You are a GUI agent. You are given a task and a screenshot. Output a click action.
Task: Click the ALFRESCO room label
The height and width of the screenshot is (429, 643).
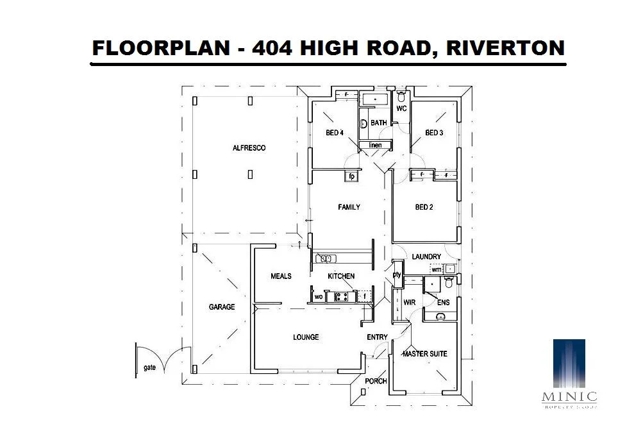249,148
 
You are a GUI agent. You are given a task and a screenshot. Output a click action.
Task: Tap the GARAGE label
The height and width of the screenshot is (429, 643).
222,307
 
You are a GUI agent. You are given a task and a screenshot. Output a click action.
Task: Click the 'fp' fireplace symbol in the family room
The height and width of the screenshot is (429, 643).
351,176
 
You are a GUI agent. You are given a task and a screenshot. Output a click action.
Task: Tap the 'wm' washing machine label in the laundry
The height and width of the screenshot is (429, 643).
436,270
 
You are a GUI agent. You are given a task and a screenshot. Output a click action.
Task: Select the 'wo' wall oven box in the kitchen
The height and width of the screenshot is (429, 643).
319,296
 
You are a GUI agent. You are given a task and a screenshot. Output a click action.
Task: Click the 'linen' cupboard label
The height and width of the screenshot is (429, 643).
375,145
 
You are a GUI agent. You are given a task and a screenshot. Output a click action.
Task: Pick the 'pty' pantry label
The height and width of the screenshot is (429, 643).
397,274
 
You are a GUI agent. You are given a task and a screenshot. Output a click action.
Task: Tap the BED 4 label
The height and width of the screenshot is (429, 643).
335,133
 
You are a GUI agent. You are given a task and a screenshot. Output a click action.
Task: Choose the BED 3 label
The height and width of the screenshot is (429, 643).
434,133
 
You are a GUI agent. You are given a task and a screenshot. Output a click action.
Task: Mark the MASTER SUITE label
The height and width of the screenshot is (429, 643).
424,354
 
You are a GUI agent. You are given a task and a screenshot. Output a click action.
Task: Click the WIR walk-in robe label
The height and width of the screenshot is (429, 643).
410,302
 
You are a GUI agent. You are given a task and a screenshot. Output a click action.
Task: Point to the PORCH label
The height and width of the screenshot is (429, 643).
376,381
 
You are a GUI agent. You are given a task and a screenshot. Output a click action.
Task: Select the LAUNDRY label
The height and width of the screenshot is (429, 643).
426,257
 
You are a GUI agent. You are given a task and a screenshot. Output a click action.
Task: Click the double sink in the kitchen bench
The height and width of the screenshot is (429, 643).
326,259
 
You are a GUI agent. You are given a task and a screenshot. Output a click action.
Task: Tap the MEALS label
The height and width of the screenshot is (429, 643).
281,276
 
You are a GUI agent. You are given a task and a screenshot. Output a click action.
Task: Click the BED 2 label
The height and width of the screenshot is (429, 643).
424,207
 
